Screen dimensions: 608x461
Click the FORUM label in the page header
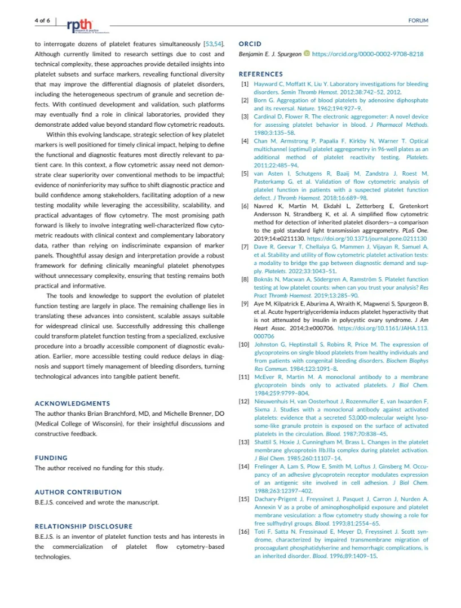pyautogui.click(x=418, y=21)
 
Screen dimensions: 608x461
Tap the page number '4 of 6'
pyautogui.click(x=42, y=20)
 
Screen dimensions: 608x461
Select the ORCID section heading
pyautogui.click(x=250, y=44)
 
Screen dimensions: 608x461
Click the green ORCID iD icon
pyautogui.click(x=307, y=54)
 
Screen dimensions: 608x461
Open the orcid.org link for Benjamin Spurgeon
pyautogui.click(x=367, y=54)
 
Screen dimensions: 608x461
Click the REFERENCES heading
pyautogui.click(x=260, y=74)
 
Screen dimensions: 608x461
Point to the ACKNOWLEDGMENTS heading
pyautogui.click(x=72, y=403)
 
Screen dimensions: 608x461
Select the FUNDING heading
pyautogui.click(x=51, y=458)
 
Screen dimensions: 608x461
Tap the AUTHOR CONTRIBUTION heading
pyautogui.click(x=78, y=492)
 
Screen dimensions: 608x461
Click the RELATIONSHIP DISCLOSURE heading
pyautogui.click(x=83, y=526)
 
